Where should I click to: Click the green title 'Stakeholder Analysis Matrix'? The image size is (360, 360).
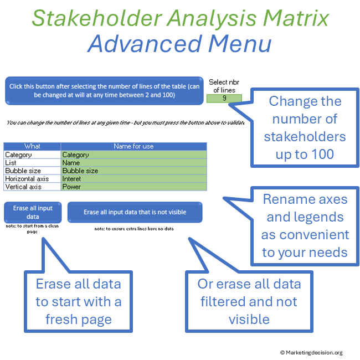(180, 18)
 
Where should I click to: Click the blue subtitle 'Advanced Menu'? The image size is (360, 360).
(180, 44)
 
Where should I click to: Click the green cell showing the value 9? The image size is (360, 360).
(224, 98)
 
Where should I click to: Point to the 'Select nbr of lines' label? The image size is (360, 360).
(224, 86)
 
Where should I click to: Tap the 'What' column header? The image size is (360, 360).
(32, 146)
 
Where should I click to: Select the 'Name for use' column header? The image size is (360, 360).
(133, 146)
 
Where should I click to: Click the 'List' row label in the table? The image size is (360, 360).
(32, 163)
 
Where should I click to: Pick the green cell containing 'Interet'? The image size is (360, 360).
(133, 179)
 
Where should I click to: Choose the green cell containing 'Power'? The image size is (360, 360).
(133, 187)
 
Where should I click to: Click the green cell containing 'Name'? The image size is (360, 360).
(133, 163)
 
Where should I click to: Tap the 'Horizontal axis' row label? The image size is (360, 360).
(32, 179)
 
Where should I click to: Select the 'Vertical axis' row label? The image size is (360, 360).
(32, 187)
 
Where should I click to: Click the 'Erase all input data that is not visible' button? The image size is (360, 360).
(135, 212)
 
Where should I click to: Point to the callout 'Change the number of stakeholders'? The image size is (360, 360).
(305, 127)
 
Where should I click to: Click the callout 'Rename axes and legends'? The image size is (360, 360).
(305, 225)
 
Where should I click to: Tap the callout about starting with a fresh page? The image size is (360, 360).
(78, 301)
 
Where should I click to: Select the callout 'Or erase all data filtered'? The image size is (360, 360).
(249, 301)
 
